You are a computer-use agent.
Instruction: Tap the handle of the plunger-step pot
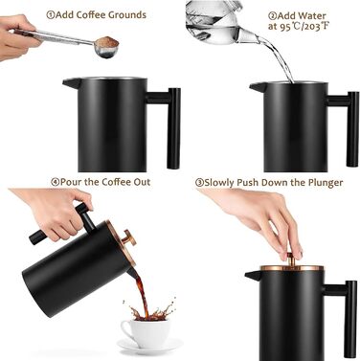349,302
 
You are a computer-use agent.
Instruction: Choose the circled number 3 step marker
200,182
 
